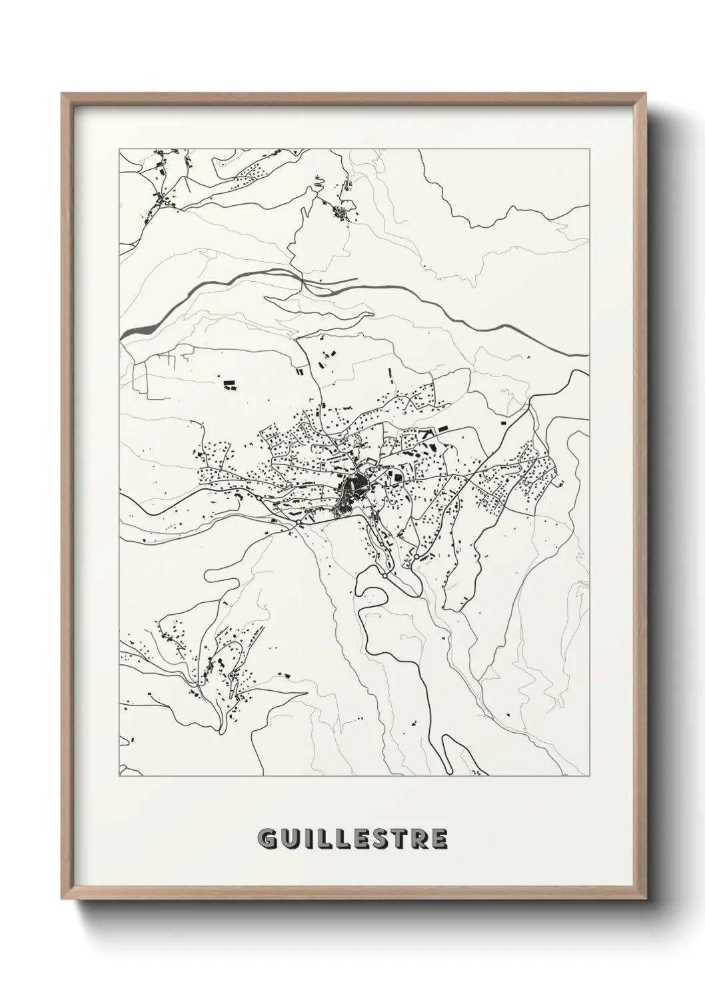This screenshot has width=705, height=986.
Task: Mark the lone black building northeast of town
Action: click(x=504, y=422)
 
